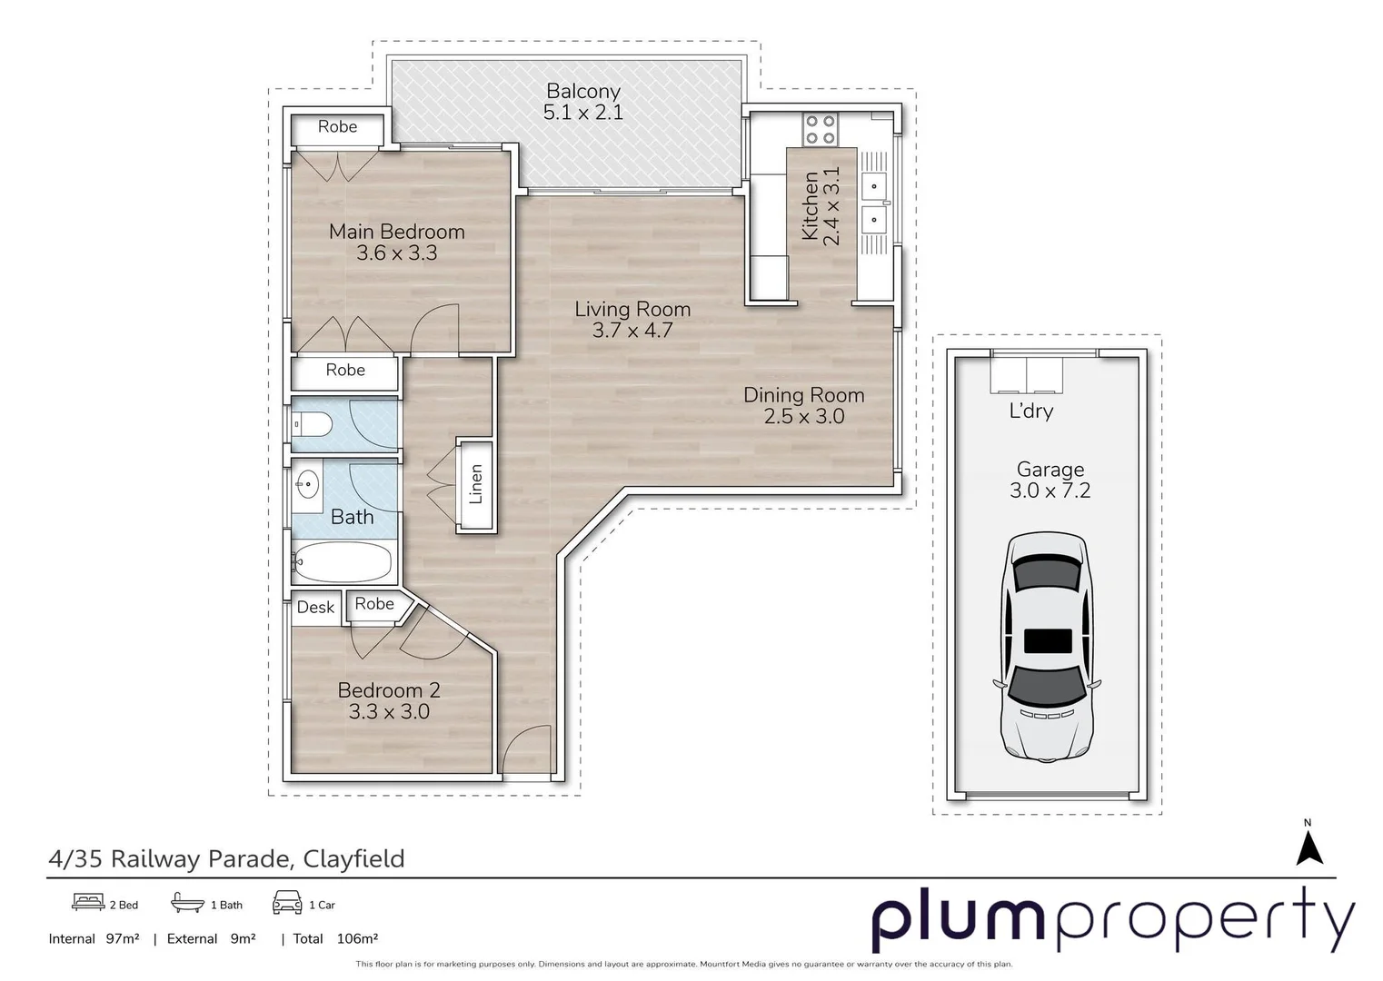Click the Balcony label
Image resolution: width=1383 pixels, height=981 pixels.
(582, 92)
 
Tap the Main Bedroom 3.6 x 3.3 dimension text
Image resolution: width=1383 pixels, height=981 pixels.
(396, 253)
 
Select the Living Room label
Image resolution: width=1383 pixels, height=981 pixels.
(632, 310)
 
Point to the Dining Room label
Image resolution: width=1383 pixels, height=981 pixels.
(803, 395)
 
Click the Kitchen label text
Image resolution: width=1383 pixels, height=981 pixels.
(810, 207)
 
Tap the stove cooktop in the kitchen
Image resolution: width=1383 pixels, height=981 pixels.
(821, 129)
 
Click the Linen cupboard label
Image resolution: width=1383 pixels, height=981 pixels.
(475, 484)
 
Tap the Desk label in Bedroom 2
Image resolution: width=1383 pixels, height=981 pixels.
(315, 608)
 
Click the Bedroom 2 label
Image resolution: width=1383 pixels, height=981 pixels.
(388, 690)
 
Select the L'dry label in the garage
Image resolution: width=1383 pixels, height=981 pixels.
(1031, 411)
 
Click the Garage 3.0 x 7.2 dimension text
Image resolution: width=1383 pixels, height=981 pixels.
(1050, 491)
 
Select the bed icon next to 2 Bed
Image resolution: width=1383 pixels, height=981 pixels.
(88, 903)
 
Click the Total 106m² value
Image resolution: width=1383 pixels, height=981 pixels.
(356, 939)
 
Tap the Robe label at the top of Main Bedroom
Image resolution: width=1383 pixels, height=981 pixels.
(337, 127)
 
